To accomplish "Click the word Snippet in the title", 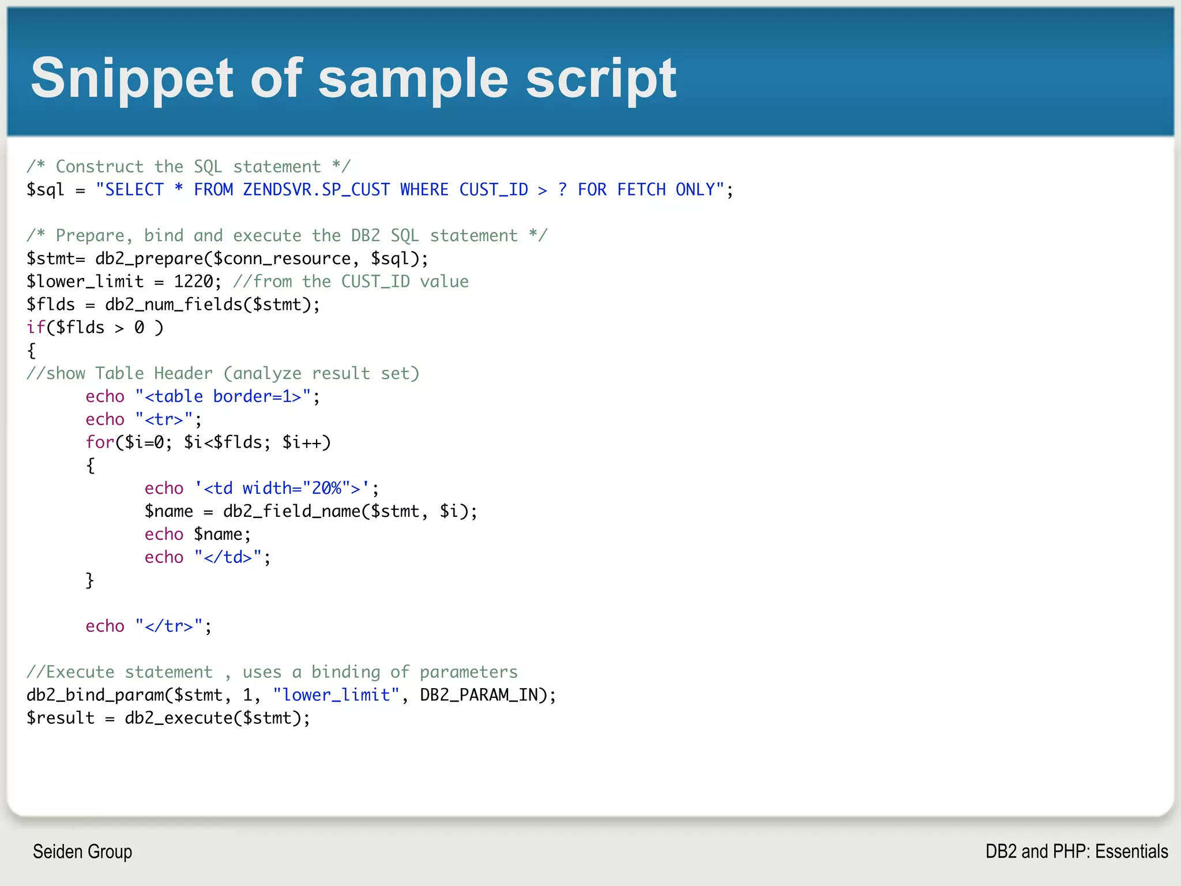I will coord(131,78).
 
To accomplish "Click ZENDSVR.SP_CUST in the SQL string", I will coord(317,190).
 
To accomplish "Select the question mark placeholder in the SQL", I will coord(563,190).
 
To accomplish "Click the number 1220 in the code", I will coord(193,281).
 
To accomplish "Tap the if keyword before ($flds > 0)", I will coord(36,328).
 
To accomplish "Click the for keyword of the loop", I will coord(100,442).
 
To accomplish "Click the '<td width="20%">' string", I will coord(282,489).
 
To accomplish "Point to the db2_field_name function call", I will coord(291,512).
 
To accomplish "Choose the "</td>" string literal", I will coord(228,557).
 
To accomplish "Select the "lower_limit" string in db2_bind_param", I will coord(336,695).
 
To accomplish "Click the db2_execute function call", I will coord(178,718).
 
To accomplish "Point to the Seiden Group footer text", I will coord(82,851).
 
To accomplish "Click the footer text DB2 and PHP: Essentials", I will coord(1076,851).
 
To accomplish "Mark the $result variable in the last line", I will coord(61,718).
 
